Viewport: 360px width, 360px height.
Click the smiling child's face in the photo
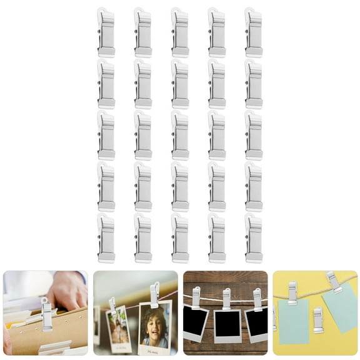point(153,326)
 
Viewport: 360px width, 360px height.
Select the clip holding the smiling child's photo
point(154,295)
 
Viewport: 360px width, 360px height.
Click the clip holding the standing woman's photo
point(112,305)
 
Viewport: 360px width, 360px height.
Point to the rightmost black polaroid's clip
point(257,299)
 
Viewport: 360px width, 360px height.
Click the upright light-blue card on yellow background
point(293,322)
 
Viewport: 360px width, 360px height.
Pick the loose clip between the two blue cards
point(318,320)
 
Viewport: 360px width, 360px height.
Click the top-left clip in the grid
point(106,32)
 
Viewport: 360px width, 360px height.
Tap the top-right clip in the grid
point(253,32)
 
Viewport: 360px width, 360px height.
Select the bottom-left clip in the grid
point(106,238)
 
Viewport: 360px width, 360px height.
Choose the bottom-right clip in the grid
point(253,238)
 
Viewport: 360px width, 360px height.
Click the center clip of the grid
point(179,136)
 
